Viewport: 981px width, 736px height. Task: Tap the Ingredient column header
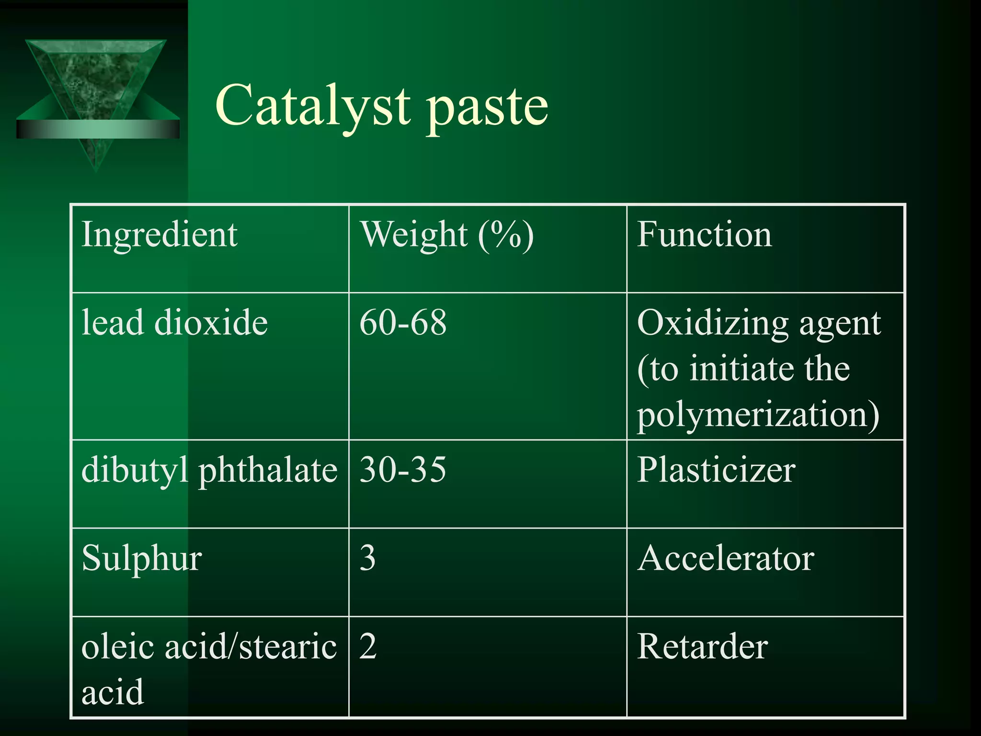pos(160,234)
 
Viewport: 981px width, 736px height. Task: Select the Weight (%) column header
pos(446,234)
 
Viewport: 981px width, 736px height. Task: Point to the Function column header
pos(704,234)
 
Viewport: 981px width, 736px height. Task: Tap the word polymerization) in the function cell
pos(758,415)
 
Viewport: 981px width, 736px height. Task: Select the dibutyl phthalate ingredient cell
pos(209,470)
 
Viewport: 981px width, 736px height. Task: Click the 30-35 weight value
pos(403,469)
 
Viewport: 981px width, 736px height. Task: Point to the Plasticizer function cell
pos(716,470)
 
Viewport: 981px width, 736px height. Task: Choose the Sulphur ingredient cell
pos(142,559)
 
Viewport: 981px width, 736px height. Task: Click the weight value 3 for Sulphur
pos(367,558)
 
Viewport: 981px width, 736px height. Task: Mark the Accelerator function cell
pos(725,558)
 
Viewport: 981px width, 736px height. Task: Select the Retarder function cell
pos(702,646)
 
